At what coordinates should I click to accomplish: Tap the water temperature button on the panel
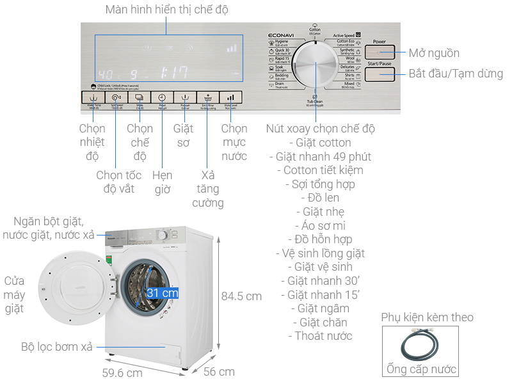pyautogui.click(x=93, y=98)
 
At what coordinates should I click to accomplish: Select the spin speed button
pyautogui.click(x=116, y=98)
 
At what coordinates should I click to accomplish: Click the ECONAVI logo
pyautogui.click(x=280, y=36)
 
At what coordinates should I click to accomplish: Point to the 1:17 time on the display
pyautogui.click(x=173, y=72)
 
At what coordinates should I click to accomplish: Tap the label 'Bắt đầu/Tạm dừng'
pyautogui.click(x=456, y=74)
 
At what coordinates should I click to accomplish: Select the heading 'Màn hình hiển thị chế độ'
pyautogui.click(x=166, y=10)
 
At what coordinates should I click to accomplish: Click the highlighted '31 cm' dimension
pyautogui.click(x=162, y=293)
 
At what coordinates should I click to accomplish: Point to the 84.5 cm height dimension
pyautogui.click(x=241, y=296)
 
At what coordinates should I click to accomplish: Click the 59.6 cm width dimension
pyautogui.click(x=122, y=372)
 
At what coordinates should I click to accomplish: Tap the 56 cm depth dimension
pyautogui.click(x=219, y=371)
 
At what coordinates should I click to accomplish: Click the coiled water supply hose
pyautogui.click(x=420, y=346)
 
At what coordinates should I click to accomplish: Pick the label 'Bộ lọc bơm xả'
pyautogui.click(x=56, y=347)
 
